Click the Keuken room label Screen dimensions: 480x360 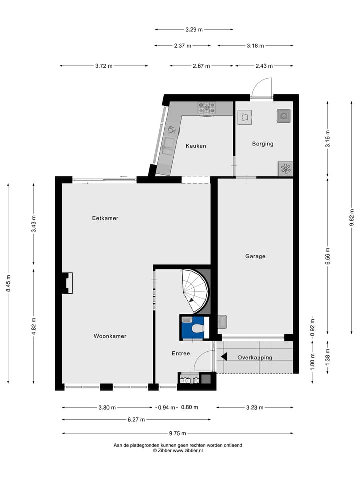click(196, 146)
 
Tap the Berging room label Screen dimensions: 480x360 click(263, 144)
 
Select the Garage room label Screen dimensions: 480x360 click(255, 256)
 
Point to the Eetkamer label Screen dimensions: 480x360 click(105, 218)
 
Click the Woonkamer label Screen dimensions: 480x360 click(110, 336)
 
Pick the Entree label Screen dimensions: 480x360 click(181, 353)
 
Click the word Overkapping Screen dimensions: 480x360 click(255, 357)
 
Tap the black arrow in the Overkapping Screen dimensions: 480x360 click(224, 357)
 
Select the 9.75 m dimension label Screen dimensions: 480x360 click(177, 433)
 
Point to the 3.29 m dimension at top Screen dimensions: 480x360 click(194, 30)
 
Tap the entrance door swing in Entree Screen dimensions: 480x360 click(202, 360)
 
